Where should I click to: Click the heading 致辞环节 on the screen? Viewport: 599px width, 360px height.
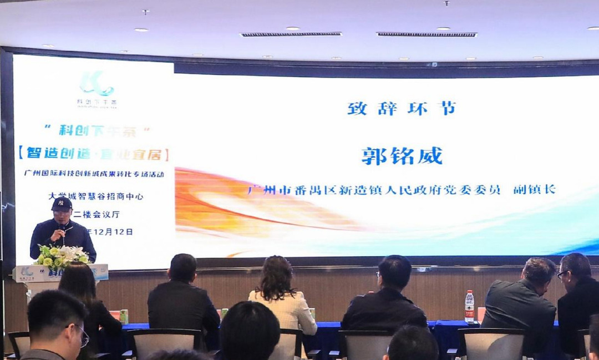(x=402, y=109)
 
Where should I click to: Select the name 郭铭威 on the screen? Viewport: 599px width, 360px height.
(x=402, y=156)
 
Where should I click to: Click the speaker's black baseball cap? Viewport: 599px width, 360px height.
(x=61, y=204)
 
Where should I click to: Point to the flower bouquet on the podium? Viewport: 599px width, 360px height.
(x=61, y=256)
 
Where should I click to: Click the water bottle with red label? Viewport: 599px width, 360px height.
(x=469, y=306)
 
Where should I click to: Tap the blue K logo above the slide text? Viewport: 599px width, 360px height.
(x=97, y=85)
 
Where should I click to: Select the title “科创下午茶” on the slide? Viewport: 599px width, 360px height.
(x=97, y=131)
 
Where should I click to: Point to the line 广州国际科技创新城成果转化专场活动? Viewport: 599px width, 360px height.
(x=94, y=174)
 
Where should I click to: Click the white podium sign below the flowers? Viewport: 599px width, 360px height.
(x=60, y=273)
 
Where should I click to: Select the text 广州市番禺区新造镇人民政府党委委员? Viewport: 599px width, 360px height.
(x=374, y=190)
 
